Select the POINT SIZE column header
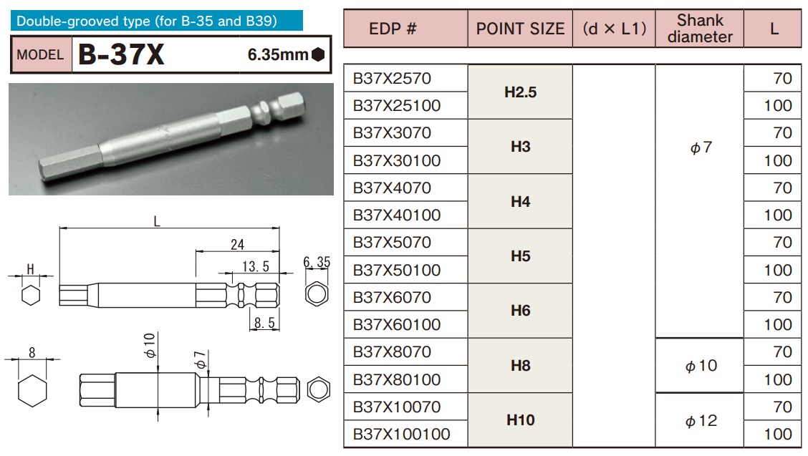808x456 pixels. pos(520,29)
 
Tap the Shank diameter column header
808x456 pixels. pos(700,29)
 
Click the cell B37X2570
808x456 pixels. pos(392,78)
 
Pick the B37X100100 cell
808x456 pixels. pos(401,434)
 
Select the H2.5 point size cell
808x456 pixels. pos(520,92)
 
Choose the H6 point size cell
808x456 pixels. pos(520,311)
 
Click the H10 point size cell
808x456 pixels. pos(520,420)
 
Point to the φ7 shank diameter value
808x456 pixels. pos(700,148)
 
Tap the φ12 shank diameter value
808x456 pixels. pos(700,421)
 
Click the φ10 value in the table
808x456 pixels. pos(700,366)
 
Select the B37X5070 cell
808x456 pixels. pos(392,243)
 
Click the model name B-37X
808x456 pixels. pos(121,55)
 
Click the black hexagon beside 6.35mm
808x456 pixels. pos(318,54)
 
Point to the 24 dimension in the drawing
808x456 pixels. pos(237,245)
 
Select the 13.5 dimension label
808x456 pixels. pos(255,266)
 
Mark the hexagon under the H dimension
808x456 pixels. pos(30,295)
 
